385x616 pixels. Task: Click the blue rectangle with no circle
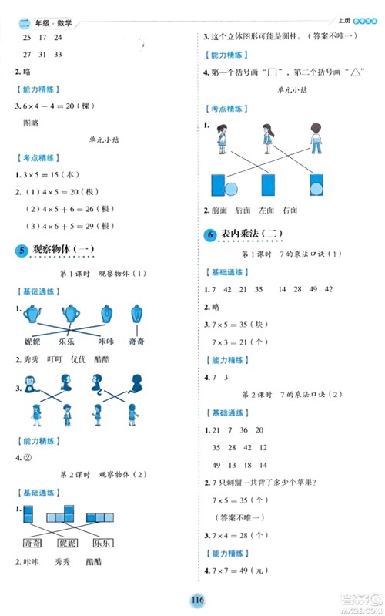click(268, 185)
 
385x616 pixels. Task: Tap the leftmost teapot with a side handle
click(32, 313)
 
